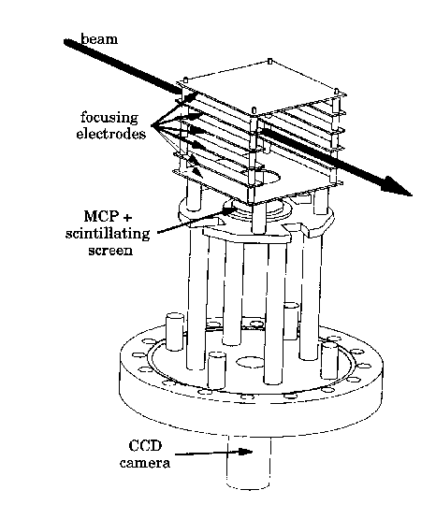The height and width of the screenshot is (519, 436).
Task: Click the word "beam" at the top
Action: [x=99, y=39]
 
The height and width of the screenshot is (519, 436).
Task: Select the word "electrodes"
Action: [x=111, y=134]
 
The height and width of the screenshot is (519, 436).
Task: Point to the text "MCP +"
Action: [x=108, y=216]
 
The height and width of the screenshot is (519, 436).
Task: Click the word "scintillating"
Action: [x=108, y=234]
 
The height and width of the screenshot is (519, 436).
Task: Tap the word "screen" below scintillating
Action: [x=110, y=250]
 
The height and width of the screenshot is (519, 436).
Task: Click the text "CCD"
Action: [x=145, y=445]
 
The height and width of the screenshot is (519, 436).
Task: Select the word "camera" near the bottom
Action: [x=145, y=462]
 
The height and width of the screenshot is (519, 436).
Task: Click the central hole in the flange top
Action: [x=251, y=362]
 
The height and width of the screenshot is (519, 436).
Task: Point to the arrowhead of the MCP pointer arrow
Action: [x=230, y=208]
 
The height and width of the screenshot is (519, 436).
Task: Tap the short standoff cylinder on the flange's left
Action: [x=174, y=332]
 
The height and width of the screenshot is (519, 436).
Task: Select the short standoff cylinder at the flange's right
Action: [x=329, y=360]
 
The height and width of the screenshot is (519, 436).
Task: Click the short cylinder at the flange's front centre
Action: [x=217, y=370]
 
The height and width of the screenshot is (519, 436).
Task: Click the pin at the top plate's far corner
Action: [x=269, y=61]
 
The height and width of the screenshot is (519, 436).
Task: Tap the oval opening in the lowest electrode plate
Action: [x=269, y=177]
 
